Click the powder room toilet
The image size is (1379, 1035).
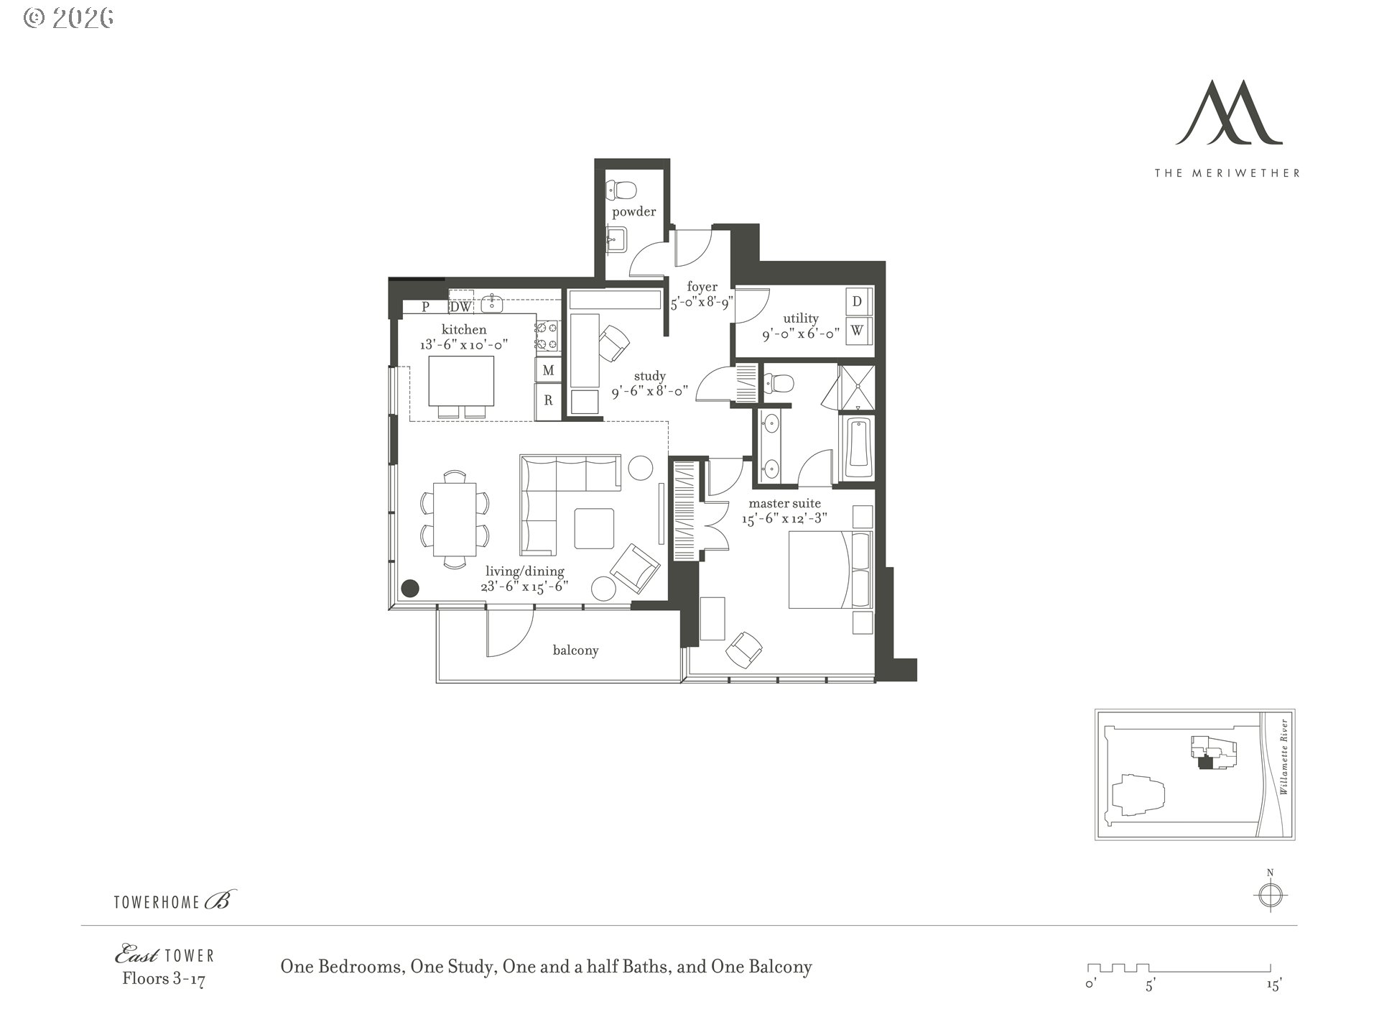point(622,190)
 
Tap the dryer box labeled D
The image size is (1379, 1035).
point(857,302)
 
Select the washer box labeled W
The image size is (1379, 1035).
point(857,331)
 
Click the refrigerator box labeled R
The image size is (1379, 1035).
point(548,400)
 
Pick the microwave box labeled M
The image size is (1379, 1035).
point(548,370)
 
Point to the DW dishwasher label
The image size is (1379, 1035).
point(461,307)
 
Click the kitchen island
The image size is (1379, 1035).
point(461,381)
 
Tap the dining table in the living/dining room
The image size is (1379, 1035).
point(455,519)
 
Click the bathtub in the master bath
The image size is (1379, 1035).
point(858,448)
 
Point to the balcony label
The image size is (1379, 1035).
point(575,650)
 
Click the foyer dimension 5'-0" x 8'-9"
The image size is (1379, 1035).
point(701,303)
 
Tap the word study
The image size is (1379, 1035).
point(649,376)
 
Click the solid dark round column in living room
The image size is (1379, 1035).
point(409,589)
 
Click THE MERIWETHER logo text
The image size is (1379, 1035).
point(1227,172)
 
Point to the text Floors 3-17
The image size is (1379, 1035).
point(164,979)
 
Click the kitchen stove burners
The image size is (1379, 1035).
point(547,336)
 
